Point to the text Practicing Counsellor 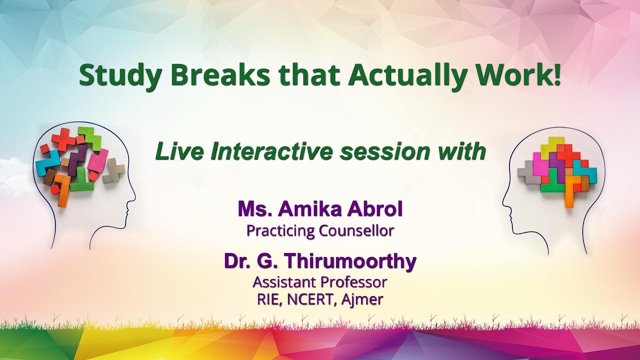[320, 230]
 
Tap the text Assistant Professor [320, 282]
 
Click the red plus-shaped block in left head [63, 139]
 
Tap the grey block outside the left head [114, 170]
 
